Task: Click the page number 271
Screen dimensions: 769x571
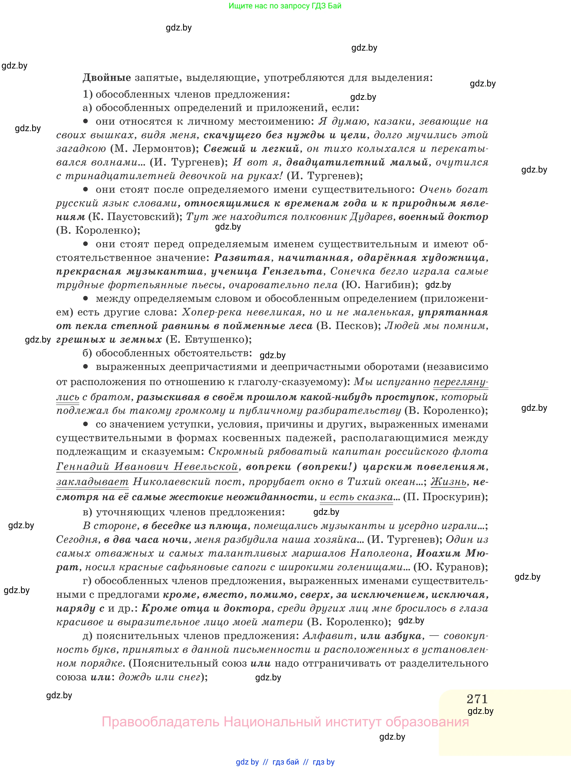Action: (x=477, y=699)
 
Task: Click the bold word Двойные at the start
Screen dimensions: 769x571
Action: (x=106, y=77)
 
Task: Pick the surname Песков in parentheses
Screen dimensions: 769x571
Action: (x=354, y=326)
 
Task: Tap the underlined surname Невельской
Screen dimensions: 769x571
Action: (x=206, y=466)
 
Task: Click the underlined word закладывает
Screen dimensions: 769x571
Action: (x=92, y=482)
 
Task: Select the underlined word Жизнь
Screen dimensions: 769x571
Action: (x=448, y=482)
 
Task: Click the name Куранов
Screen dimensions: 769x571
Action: (x=458, y=567)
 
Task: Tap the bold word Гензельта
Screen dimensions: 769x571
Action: (x=292, y=272)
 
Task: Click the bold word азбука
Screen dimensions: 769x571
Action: (x=403, y=636)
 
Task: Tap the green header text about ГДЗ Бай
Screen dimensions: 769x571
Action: (x=285, y=6)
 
